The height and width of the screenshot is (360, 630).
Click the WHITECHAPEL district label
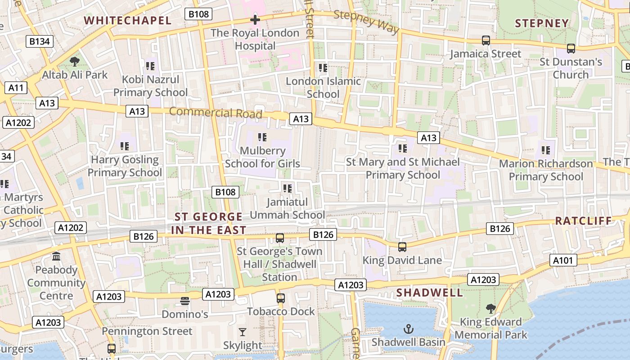pos(128,20)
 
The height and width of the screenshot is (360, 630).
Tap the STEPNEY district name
pos(542,23)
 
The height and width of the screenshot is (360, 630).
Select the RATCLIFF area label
pos(583,220)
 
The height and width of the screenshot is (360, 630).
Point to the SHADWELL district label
pos(429,292)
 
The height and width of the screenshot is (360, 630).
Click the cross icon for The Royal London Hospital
pos(255,20)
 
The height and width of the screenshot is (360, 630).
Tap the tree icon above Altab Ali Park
pos(75,62)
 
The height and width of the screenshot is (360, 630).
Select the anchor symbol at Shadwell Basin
pos(408,329)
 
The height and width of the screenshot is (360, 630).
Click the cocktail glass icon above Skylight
pos(243,333)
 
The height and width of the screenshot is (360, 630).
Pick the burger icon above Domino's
pos(185,301)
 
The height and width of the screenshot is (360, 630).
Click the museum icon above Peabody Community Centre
pos(56,256)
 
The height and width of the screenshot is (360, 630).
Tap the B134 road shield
pos(40,42)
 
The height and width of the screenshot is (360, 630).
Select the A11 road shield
pos(16,87)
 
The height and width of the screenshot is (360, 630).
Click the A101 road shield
pos(563,260)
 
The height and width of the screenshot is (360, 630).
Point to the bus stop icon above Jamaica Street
pos(486,40)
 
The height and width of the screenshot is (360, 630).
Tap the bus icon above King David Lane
pos(402,247)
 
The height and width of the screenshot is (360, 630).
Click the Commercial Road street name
pos(216,112)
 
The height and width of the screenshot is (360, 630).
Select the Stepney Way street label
pos(367,22)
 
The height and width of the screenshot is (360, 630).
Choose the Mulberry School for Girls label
pos(262,157)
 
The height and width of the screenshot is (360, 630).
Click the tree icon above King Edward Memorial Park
pos(490,309)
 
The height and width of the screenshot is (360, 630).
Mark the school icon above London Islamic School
pos(323,68)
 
